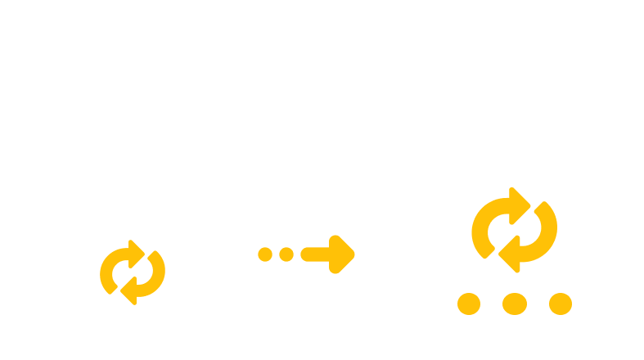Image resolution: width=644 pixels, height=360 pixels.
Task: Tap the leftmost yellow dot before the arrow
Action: click(x=264, y=254)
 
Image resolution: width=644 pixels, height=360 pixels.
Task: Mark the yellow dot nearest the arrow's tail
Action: click(x=286, y=254)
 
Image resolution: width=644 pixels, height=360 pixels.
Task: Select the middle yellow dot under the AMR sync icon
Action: click(x=514, y=304)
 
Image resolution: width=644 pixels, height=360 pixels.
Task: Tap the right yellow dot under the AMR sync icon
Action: click(x=560, y=304)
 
